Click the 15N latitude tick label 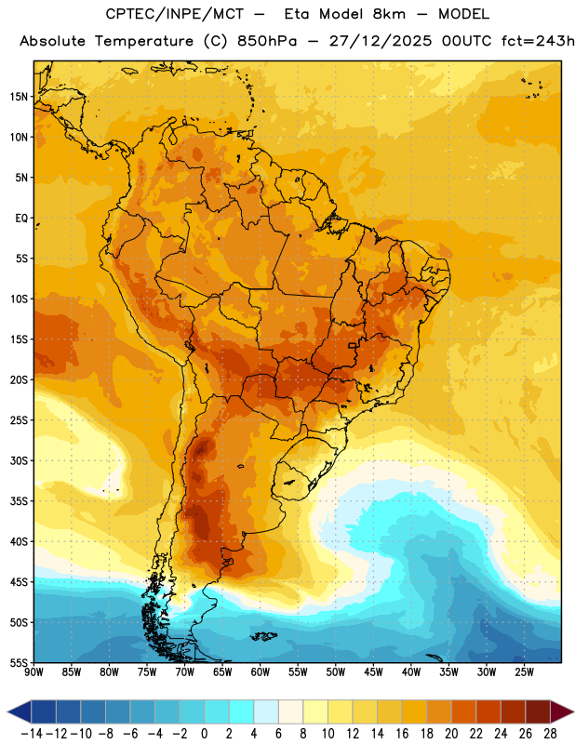click(19, 97)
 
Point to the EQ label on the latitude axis click(21, 219)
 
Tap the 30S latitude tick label click(19, 460)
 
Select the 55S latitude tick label click(19, 663)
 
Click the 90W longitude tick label click(33, 672)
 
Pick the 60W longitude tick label click(261, 672)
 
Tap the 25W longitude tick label click(524, 672)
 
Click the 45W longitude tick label click(373, 672)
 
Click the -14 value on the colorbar click(32, 734)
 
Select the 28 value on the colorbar click(550, 734)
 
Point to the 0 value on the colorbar click(204, 734)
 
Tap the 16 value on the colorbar click(402, 734)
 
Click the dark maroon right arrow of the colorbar click(561, 711)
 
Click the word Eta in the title click(298, 14)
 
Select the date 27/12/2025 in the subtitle click(381, 41)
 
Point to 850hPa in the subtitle click(267, 41)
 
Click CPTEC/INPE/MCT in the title click(174, 14)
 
